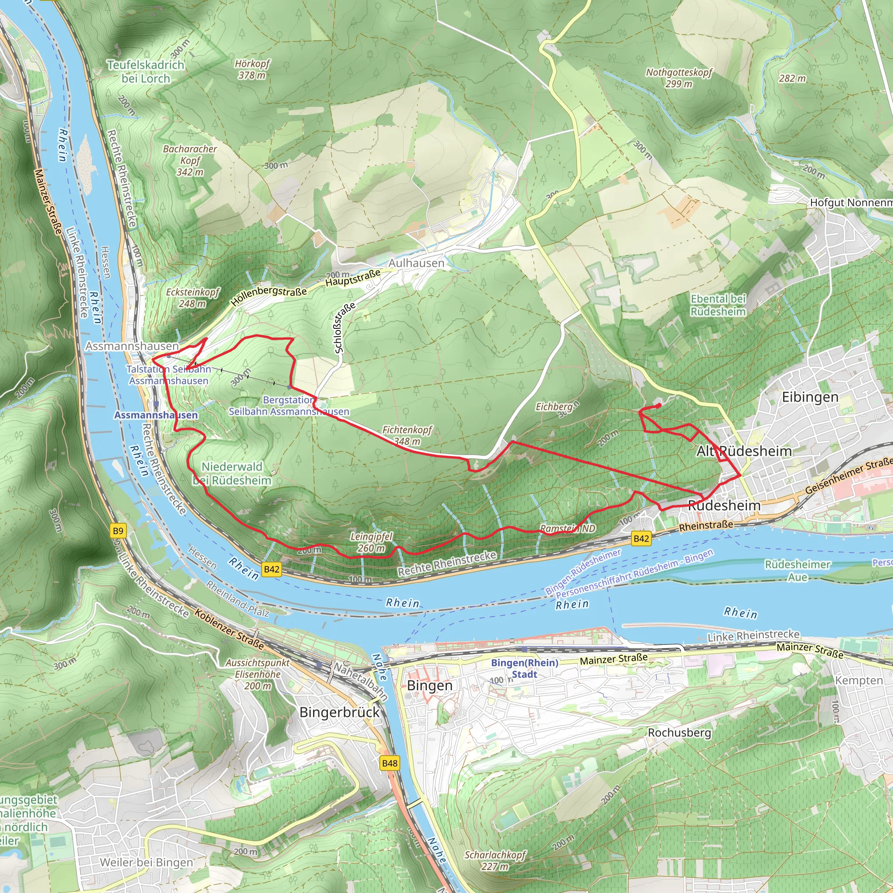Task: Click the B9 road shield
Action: coord(118,531)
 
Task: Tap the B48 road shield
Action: coord(390,763)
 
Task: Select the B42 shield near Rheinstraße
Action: coord(641,538)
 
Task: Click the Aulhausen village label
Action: coord(416,263)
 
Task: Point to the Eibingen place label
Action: coord(810,397)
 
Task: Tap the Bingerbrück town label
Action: coord(339,712)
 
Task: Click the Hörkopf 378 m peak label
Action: coord(252,69)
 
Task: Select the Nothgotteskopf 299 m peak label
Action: coord(678,78)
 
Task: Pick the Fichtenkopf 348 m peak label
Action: coord(407,436)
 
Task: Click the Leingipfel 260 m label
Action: coord(371,542)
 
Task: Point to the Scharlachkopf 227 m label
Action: coord(494,860)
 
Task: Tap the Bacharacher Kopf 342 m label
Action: coord(190,160)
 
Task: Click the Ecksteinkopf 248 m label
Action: coord(192,298)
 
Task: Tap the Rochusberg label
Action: coord(679,733)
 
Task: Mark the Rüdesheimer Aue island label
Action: coord(798,570)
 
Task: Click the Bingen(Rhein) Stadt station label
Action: coord(524,668)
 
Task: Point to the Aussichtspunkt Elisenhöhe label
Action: coord(257,674)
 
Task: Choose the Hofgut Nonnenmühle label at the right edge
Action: coord(850,202)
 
